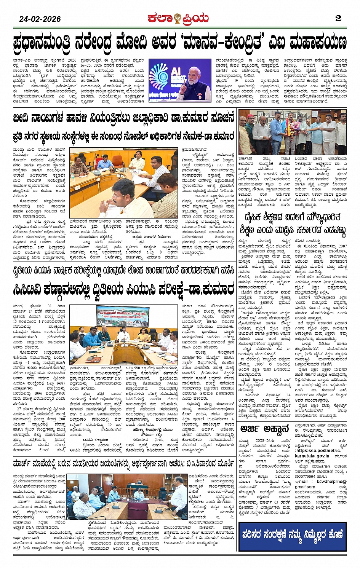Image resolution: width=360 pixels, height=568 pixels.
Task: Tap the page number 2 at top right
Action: click(x=338, y=18)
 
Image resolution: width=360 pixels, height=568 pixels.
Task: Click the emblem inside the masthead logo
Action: click(x=177, y=18)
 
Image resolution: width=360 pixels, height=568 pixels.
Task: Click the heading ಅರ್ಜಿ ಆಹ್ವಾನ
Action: click(x=265, y=429)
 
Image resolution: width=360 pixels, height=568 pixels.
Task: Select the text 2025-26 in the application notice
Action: click(x=263, y=441)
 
